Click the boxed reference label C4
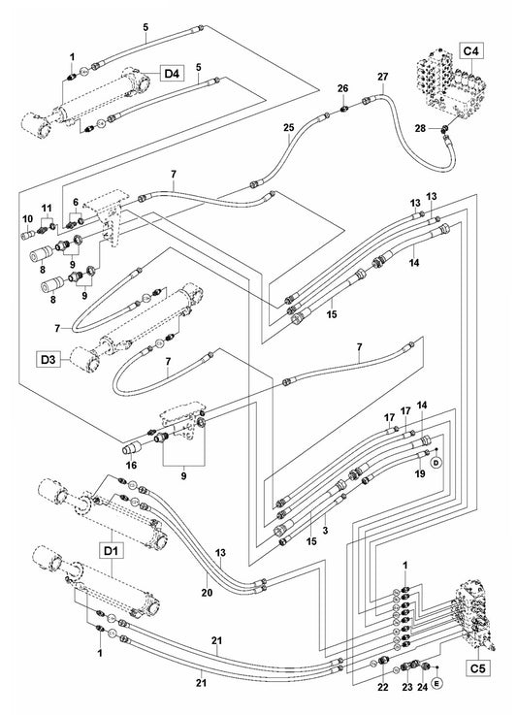(471, 49)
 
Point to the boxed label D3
(50, 360)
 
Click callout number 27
(381, 77)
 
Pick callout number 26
(341, 88)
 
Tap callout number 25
(288, 128)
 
